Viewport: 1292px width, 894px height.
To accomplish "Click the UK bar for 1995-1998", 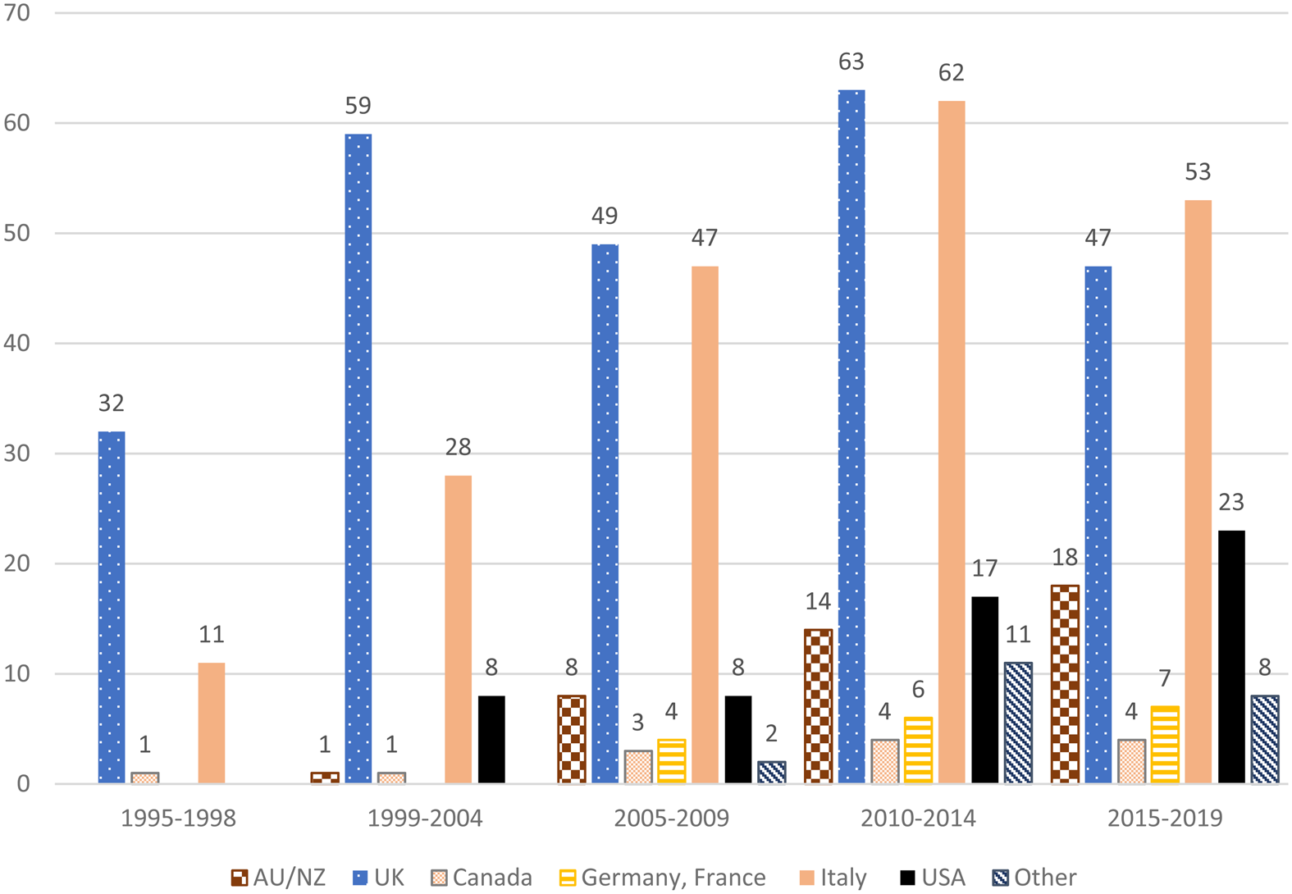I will [x=112, y=607].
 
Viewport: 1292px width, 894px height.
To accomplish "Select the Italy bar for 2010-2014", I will [x=952, y=443].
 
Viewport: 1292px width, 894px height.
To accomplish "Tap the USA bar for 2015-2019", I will [x=1231, y=656].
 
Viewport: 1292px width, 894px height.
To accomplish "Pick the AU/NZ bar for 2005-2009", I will [x=572, y=739].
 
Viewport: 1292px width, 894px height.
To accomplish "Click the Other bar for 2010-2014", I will [x=1018, y=723].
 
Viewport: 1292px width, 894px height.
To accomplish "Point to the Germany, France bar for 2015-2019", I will [x=1165, y=744].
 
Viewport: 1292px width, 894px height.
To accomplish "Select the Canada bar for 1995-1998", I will [x=145, y=778].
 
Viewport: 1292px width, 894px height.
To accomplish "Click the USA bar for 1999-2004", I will [x=491, y=739].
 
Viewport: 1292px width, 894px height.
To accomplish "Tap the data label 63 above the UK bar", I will [x=851, y=62].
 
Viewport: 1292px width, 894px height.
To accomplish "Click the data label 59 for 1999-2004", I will [x=358, y=106].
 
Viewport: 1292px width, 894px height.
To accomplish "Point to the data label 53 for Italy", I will [x=1198, y=172].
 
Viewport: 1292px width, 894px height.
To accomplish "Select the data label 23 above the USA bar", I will [x=1231, y=502].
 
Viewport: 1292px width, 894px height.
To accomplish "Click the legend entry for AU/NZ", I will [x=279, y=878].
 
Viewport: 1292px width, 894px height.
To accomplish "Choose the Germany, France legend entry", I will [x=663, y=878].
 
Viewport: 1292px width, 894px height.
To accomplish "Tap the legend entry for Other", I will [x=1034, y=878].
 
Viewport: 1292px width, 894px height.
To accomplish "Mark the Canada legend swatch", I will [x=440, y=878].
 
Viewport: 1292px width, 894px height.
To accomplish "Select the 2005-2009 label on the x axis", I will [x=672, y=819].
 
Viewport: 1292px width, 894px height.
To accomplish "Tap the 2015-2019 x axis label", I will [x=1165, y=819].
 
